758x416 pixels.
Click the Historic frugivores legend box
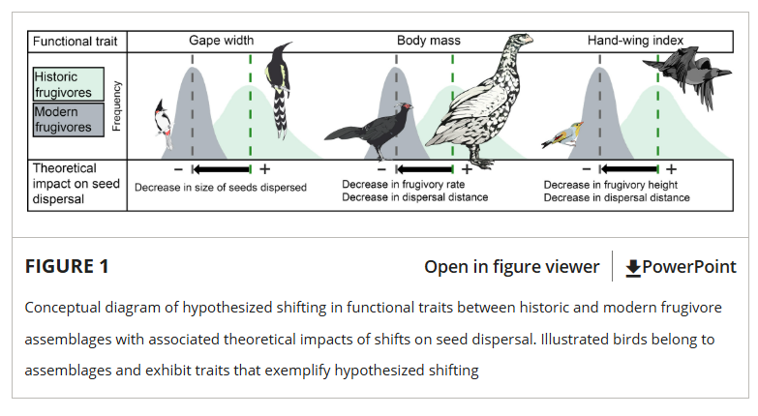tap(68, 84)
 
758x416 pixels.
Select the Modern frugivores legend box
tap(68, 119)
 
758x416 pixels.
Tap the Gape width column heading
tap(222, 41)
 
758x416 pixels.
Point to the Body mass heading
tap(429, 41)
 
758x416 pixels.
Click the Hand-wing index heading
tap(635, 41)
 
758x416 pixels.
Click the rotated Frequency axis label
tap(116, 105)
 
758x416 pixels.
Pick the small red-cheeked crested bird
tap(164, 124)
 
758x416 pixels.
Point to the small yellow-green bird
tap(562, 134)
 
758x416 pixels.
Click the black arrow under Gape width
tap(222, 169)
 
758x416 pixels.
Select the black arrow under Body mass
tap(424, 169)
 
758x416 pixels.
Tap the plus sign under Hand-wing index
tap(671, 169)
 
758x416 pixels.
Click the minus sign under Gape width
tap(178, 169)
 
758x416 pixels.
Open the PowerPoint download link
tap(681, 267)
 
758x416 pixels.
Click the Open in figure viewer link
tap(511, 267)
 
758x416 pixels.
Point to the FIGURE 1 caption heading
tap(67, 266)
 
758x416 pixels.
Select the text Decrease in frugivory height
tap(611, 185)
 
